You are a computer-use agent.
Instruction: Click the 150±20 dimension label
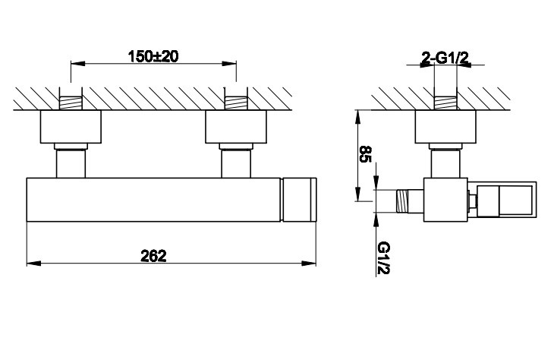(153, 56)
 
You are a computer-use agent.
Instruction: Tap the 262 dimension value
(153, 256)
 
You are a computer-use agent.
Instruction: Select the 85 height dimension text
(365, 154)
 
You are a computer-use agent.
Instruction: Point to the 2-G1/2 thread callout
(445, 58)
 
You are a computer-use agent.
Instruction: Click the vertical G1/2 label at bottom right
(383, 257)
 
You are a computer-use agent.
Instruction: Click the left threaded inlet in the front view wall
(71, 103)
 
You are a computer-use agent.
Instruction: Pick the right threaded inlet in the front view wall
(236, 103)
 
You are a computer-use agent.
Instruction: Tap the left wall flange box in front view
(71, 127)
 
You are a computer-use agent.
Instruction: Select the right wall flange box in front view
(236, 127)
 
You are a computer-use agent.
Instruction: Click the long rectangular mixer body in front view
(154, 200)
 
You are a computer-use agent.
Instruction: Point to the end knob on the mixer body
(299, 200)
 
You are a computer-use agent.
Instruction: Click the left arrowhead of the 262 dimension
(33, 264)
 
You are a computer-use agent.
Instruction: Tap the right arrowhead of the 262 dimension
(309, 264)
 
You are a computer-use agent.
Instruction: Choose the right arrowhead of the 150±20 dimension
(229, 64)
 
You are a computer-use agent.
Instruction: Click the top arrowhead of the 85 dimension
(358, 117)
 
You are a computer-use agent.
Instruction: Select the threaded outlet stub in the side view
(410, 201)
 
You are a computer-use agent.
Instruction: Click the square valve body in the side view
(445, 200)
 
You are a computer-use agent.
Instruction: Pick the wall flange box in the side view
(445, 127)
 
